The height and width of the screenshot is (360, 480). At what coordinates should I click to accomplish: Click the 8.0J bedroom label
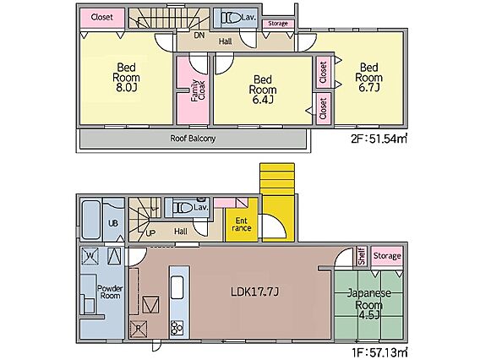pyautogui.click(x=126, y=77)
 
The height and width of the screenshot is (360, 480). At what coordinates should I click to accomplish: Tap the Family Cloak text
pyautogui.click(x=198, y=90)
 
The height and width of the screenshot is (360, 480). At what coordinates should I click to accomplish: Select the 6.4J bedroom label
pyautogui.click(x=263, y=90)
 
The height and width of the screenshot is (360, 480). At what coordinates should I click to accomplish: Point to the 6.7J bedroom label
pyautogui.click(x=369, y=77)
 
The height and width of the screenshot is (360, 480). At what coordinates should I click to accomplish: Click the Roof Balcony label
pyautogui.click(x=193, y=139)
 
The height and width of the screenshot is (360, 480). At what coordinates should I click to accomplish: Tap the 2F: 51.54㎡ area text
pyautogui.click(x=379, y=139)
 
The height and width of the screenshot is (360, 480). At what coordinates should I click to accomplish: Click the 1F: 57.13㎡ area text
pyautogui.click(x=380, y=352)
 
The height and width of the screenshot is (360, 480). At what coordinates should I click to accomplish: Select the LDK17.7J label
pyautogui.click(x=254, y=292)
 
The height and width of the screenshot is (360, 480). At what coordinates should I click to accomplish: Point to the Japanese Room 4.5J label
pyautogui.click(x=369, y=304)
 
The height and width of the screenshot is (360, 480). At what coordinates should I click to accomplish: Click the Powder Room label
pyautogui.click(x=110, y=292)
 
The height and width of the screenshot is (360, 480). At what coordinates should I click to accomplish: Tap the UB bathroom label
pyautogui.click(x=113, y=223)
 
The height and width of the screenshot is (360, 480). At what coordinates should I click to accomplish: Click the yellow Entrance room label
pyautogui.click(x=242, y=225)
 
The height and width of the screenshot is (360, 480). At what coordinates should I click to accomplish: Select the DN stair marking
pyautogui.click(x=199, y=35)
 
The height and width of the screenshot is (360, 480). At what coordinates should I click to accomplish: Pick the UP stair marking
pyautogui.click(x=150, y=233)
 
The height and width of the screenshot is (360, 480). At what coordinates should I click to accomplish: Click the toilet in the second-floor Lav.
pyautogui.click(x=231, y=18)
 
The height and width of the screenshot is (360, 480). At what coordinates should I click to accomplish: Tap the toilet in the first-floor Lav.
pyautogui.click(x=183, y=208)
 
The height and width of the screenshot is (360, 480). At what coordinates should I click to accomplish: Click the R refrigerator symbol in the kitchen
pyautogui.click(x=139, y=329)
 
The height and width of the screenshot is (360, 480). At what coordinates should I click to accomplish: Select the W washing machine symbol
pyautogui.click(x=90, y=255)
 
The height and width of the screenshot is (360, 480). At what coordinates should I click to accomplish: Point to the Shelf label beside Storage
pyautogui.click(x=363, y=256)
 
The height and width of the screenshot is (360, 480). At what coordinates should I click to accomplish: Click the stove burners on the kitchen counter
pyautogui.click(x=177, y=328)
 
